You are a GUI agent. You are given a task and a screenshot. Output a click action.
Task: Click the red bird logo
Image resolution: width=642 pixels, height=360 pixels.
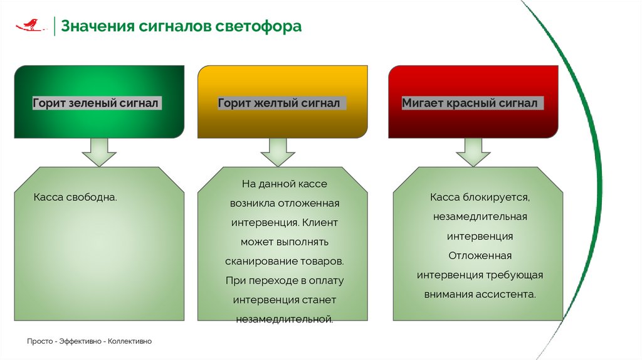[28, 25]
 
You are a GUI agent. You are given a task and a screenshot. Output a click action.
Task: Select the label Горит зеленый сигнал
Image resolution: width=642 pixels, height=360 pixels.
[95, 103]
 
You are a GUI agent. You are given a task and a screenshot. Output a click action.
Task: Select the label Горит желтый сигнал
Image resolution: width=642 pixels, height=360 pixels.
[279, 103]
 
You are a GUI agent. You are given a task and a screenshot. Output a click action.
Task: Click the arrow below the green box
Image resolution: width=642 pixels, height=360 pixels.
[99, 152]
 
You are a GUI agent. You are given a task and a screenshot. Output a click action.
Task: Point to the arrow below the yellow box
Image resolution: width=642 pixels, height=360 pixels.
[278, 152]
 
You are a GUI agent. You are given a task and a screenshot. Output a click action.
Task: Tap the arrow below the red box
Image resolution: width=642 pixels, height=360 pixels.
[473, 152]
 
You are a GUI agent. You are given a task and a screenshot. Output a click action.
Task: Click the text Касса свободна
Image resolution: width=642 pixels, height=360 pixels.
[75, 197]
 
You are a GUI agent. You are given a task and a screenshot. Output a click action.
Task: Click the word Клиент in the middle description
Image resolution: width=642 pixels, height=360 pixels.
[324, 222]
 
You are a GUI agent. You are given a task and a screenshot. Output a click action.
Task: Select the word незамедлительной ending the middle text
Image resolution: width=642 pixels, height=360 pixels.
[284, 319]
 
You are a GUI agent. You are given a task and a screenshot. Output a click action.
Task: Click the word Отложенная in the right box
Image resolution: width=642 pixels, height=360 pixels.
[480, 255]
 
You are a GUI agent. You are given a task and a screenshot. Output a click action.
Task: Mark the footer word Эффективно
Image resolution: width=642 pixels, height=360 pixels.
[82, 341]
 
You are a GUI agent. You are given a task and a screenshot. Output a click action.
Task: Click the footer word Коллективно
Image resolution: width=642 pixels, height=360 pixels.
[130, 341]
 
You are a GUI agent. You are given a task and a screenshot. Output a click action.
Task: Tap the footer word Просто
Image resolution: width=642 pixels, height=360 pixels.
[39, 341]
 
